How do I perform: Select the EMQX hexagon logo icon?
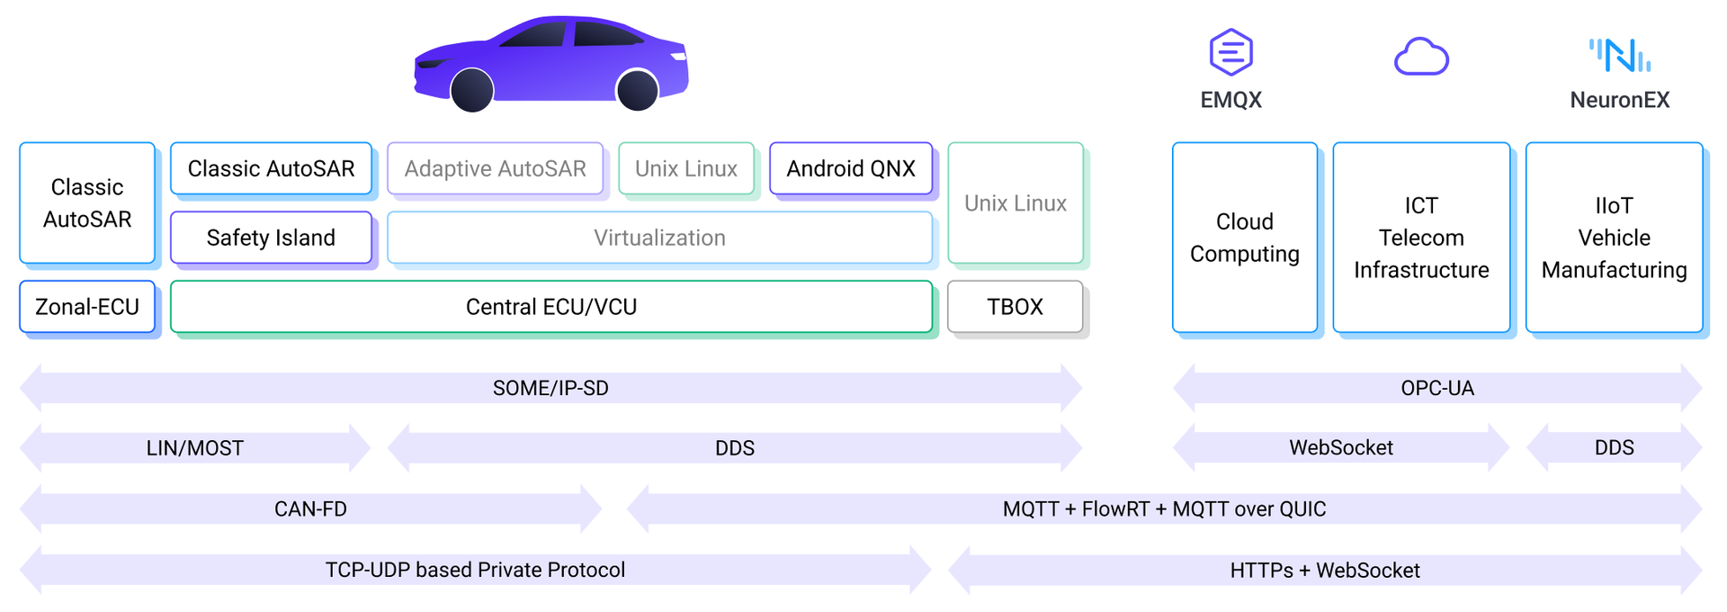coord(1230,52)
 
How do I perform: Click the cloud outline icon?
coord(1421,57)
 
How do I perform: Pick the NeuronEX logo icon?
coord(1619,55)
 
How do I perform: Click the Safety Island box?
coord(271,238)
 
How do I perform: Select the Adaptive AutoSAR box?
coord(495,168)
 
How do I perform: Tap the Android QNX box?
coord(851,168)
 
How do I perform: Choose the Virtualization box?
coord(659,238)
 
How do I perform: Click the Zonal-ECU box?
coord(87,307)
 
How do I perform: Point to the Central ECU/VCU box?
coord(551,307)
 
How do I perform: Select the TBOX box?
coord(1015,307)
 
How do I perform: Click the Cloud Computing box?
coord(1245,238)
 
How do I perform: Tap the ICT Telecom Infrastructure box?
coord(1421,238)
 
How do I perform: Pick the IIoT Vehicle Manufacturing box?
coord(1614,238)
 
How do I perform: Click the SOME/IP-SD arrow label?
coord(550,388)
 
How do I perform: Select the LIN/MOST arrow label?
coord(195,448)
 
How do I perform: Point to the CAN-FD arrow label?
coord(310,509)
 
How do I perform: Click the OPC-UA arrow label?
coord(1437,388)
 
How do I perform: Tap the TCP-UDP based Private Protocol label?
coord(475,570)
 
